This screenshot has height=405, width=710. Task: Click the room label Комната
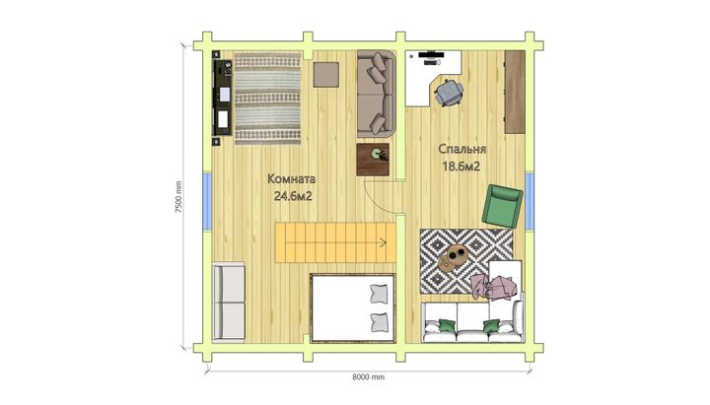point(291,179)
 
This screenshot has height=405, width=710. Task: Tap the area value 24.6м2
point(293,197)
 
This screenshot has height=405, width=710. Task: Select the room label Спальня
point(461,150)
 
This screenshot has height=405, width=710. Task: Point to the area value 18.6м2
point(461,167)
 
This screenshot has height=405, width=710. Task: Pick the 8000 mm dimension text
point(368,376)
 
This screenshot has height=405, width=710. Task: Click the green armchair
point(502,205)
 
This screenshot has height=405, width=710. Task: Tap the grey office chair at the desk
point(450,93)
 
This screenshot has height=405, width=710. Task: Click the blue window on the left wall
point(207,200)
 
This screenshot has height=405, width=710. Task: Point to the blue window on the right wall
point(530,200)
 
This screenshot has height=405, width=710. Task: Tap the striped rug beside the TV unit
point(267,99)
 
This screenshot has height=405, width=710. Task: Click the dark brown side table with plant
point(373,160)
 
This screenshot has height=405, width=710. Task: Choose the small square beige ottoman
point(326,75)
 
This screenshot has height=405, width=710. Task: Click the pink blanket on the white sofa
point(494,287)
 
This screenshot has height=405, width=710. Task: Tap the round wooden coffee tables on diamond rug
point(451,257)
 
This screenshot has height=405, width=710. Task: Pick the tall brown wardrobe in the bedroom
point(515,92)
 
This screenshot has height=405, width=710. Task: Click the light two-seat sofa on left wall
point(229,302)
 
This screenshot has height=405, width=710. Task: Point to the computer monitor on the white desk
point(431,54)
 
